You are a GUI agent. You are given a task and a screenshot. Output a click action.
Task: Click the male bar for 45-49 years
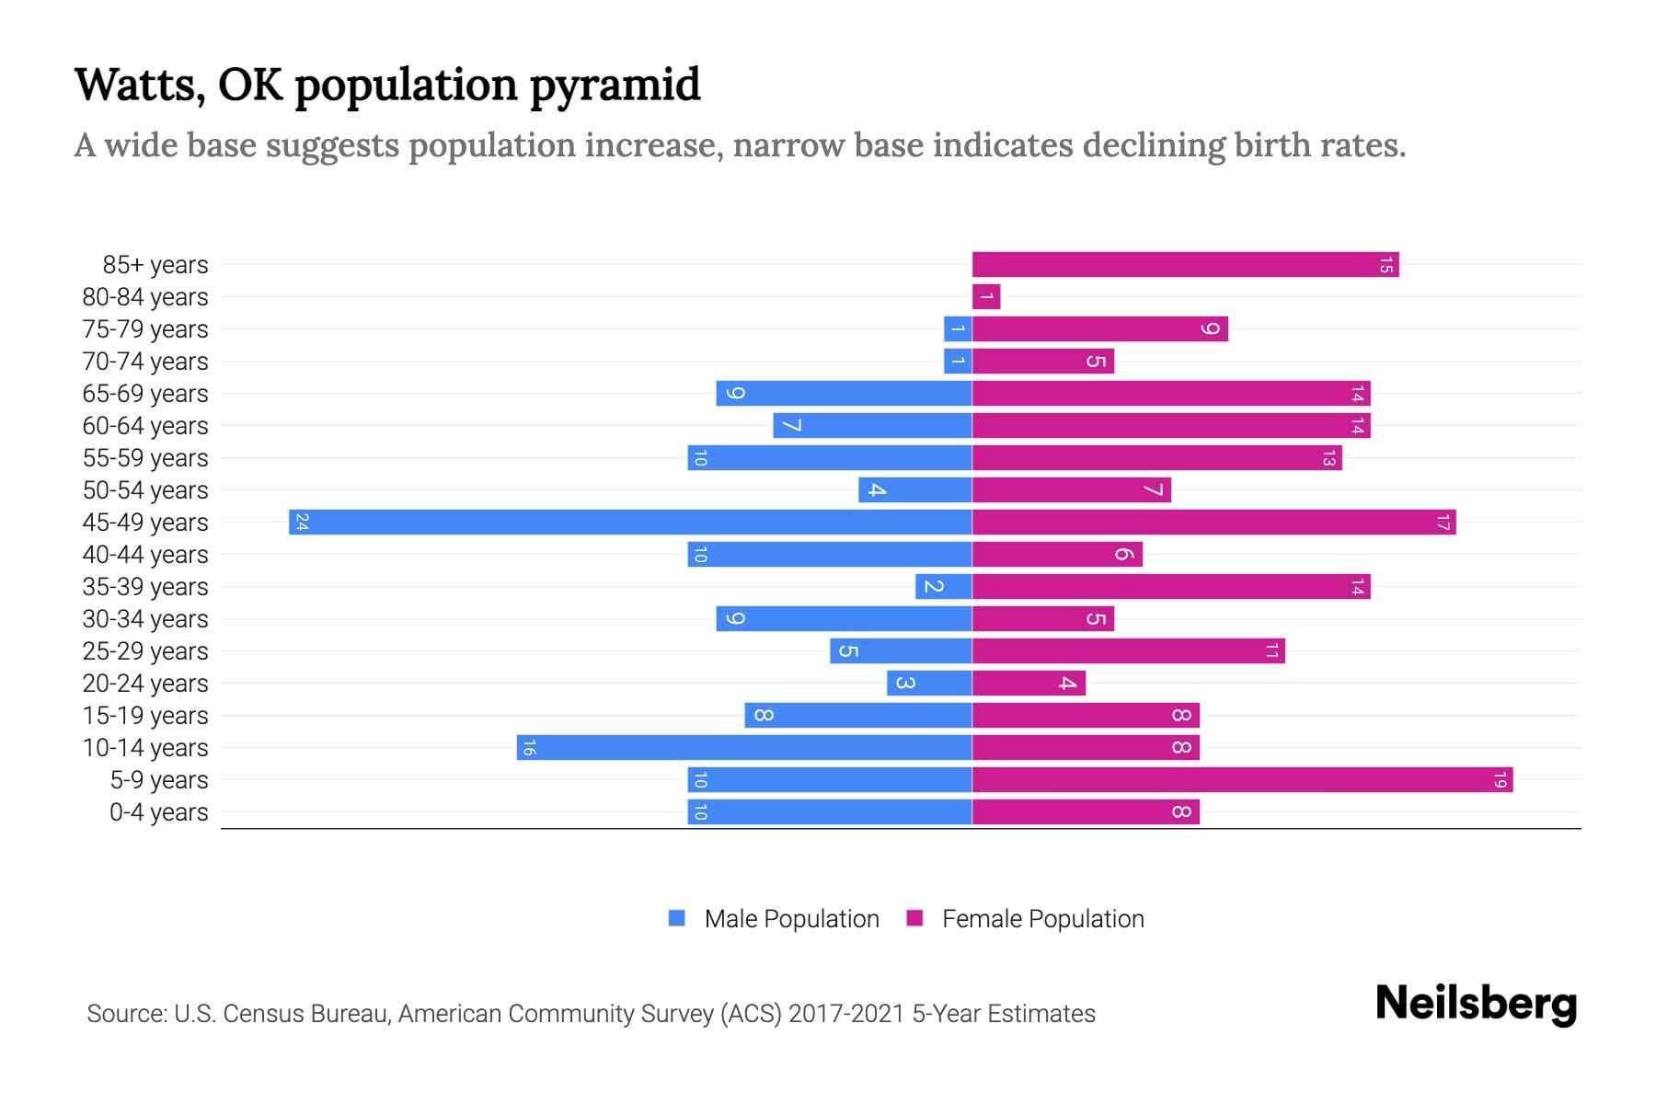tap(630, 522)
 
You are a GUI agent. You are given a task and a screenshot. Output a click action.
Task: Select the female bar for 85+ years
tap(1185, 265)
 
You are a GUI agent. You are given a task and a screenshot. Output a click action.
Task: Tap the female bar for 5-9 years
tap(1242, 780)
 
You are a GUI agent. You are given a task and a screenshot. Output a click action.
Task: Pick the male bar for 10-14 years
tap(744, 748)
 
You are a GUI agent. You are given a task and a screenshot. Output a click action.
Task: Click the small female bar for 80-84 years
tap(986, 297)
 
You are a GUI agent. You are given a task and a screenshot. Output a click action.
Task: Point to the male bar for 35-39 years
tap(944, 587)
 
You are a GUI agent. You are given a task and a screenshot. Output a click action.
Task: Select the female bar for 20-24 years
tap(1029, 684)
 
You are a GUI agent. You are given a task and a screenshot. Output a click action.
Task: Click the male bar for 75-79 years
tap(958, 329)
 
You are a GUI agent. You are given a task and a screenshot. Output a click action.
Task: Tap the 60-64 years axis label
tap(145, 426)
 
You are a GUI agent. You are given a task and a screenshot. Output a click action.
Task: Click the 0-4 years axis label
tap(158, 812)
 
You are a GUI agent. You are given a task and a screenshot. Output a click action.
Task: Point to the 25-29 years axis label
tap(145, 651)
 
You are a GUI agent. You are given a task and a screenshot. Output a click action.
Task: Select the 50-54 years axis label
tap(145, 490)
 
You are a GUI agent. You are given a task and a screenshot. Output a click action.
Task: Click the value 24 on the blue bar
tap(302, 523)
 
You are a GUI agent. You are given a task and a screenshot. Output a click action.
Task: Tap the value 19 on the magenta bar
tap(1500, 780)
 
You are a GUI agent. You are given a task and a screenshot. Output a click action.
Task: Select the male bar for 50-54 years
tap(915, 490)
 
